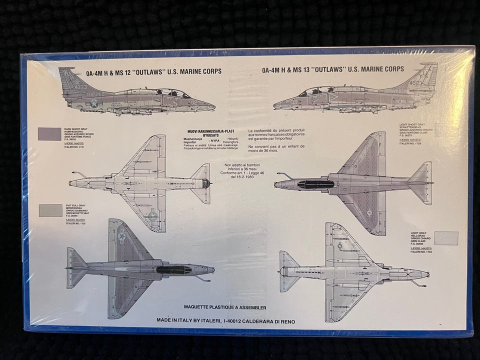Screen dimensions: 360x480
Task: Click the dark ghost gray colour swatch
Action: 49,133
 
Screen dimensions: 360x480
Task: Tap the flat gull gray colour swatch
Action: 50,210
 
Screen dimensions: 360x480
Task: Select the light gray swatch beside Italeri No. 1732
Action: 446,238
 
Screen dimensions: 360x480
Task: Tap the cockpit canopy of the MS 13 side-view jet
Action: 316,91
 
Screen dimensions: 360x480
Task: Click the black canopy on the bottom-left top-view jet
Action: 173,269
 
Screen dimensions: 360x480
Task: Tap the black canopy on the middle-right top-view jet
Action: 316,184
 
